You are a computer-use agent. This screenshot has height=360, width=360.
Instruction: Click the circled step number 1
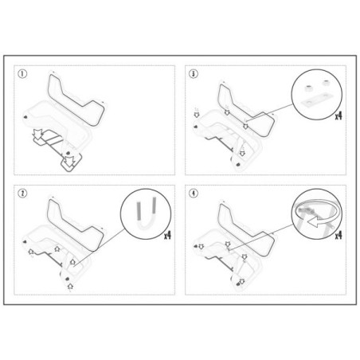(22, 74)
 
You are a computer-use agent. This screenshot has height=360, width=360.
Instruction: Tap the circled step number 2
(22, 194)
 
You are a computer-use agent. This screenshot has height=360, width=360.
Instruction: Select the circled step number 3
(194, 74)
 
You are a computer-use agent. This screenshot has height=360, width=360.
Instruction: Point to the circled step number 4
(194, 194)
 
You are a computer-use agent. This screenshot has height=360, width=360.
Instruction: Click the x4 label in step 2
(167, 235)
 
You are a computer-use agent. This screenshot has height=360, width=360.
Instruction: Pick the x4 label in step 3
(338, 115)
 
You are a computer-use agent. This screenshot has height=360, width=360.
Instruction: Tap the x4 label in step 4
(338, 235)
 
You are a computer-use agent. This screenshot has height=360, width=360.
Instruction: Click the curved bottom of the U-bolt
(146, 226)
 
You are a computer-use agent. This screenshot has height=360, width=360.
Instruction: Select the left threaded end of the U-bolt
(139, 211)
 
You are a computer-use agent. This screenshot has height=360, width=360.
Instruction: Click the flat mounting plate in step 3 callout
(316, 100)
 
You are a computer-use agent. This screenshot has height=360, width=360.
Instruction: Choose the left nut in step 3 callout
(308, 88)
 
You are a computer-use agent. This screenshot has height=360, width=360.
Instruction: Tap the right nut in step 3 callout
(326, 82)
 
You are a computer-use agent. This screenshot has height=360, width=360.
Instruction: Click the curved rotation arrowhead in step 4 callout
(314, 222)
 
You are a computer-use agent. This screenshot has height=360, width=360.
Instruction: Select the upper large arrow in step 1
(37, 135)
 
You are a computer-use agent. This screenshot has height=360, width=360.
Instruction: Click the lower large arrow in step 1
(69, 162)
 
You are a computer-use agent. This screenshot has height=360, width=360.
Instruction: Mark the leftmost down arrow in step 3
(197, 115)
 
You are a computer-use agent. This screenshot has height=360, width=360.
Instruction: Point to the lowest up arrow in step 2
(70, 286)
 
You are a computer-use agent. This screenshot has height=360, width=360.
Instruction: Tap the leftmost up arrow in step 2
(31, 252)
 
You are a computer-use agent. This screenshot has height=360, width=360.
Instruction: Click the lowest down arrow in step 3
(242, 153)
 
